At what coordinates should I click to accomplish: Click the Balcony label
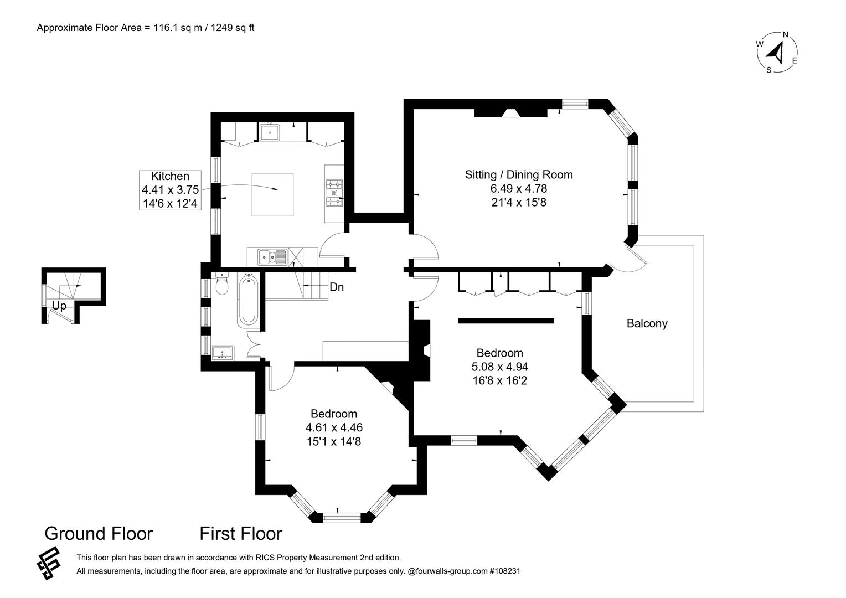[647, 323]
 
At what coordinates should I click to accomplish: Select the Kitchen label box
[170, 190]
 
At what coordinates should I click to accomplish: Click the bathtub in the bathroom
[247, 301]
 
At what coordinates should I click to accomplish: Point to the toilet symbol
[221, 284]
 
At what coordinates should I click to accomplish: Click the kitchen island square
[273, 194]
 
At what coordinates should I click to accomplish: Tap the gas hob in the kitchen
[334, 193]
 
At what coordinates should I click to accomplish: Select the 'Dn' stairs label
[337, 287]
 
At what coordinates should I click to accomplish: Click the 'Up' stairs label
[59, 306]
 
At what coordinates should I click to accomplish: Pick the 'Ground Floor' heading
[99, 533]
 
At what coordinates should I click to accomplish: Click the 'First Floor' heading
[241, 533]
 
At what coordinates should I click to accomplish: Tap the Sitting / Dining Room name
[519, 174]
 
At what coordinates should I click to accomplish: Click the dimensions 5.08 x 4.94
[499, 367]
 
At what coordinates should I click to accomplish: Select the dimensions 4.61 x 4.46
[334, 427]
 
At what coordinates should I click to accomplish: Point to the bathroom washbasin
[223, 353]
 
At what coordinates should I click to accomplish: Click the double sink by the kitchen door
[273, 257]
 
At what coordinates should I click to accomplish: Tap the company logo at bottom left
[49, 563]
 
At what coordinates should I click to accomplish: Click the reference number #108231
[505, 571]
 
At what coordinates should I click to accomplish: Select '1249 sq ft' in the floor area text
[233, 28]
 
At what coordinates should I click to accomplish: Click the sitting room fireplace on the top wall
[510, 113]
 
